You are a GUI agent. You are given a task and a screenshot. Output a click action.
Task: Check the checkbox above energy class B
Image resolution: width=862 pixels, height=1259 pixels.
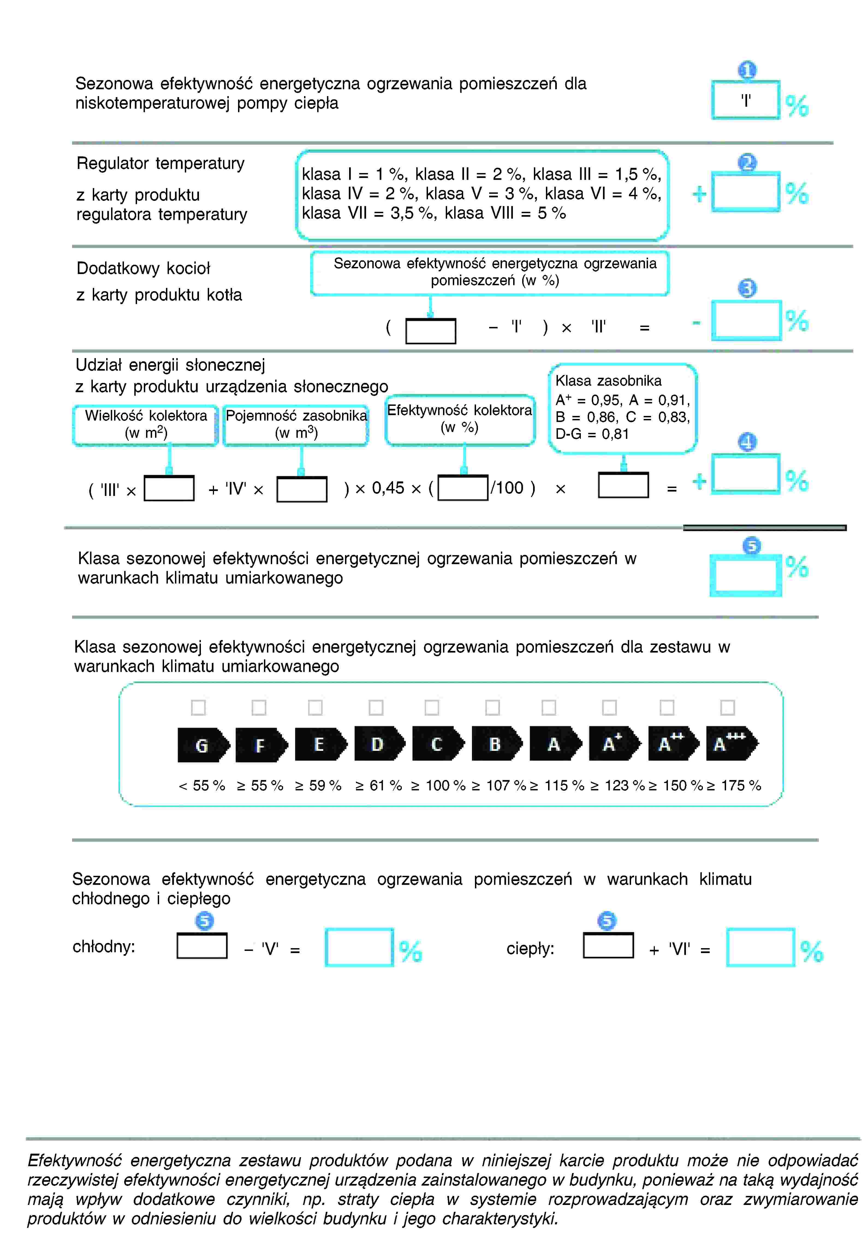(492, 707)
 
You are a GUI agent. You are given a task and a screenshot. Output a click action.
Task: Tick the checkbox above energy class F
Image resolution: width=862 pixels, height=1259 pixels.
(259, 707)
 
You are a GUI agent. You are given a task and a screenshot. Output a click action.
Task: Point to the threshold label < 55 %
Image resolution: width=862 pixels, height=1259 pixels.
(201, 785)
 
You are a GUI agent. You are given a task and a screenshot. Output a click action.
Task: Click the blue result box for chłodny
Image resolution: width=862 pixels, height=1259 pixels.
(359, 947)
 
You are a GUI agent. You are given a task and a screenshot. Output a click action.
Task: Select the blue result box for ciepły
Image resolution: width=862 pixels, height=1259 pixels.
(760, 947)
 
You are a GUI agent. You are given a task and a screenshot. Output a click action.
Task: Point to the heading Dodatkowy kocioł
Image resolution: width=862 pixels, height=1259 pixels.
(143, 268)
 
